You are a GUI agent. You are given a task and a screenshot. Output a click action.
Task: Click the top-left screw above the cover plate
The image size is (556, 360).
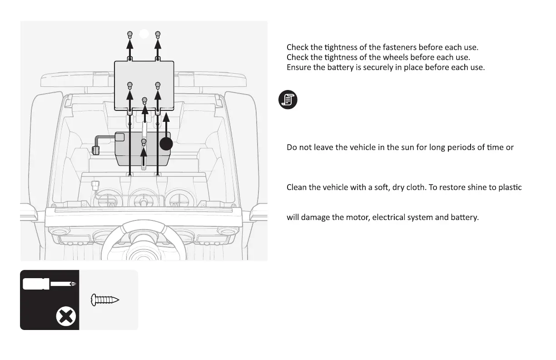pos(130,34)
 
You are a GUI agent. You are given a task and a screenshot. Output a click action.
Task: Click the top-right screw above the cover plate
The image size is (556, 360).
pos(158,34)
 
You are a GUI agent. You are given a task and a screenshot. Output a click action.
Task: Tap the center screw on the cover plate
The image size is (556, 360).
pos(144,100)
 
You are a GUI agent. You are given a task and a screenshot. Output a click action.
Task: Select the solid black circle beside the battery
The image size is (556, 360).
pos(166,144)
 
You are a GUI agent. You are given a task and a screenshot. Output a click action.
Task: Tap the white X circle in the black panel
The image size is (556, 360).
pos(65,316)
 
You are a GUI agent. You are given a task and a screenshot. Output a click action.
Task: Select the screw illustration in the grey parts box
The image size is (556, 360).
pos(105,300)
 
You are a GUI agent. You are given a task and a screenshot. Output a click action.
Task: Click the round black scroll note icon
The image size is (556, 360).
pos(288,99)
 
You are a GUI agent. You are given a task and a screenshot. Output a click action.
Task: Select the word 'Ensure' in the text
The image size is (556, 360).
pos(298,68)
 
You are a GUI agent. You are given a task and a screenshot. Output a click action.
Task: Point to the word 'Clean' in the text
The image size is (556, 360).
pos(297,187)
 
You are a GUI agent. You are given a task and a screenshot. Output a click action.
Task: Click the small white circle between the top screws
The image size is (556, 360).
pos(144,33)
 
